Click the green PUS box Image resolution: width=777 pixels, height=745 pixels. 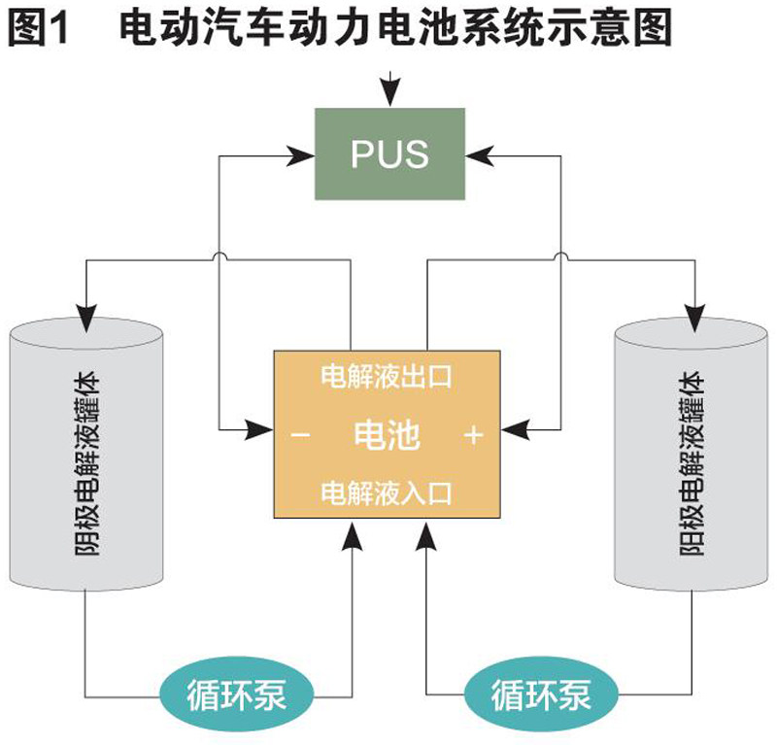[x=389, y=153]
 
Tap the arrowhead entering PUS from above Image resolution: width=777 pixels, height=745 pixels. [x=389, y=95]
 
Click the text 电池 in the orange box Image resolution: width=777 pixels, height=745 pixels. [x=388, y=436]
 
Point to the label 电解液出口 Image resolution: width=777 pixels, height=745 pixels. [x=387, y=377]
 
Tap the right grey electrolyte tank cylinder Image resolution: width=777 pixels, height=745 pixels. [x=693, y=457]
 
